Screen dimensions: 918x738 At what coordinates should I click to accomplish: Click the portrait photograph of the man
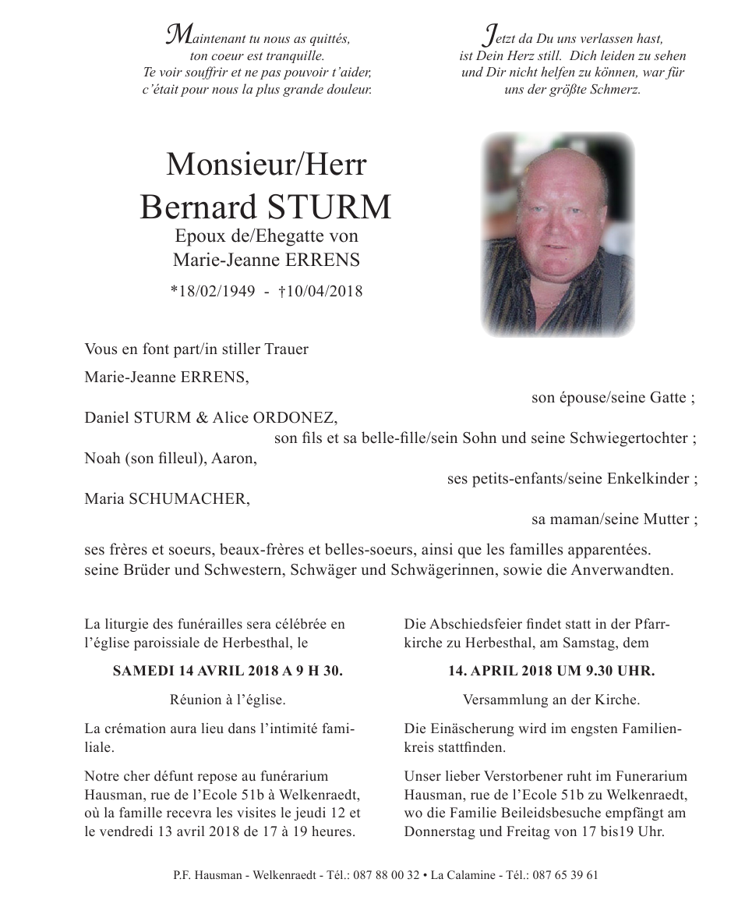556,235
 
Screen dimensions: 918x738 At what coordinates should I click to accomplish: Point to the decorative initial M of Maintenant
180,34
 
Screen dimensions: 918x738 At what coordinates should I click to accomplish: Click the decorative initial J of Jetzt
490,34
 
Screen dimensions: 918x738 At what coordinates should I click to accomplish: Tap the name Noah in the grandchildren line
101,459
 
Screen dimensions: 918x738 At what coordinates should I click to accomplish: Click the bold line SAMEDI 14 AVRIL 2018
228,671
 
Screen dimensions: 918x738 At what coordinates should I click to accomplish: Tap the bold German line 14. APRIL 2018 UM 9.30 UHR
551,671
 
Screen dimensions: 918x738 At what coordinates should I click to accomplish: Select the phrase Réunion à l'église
228,700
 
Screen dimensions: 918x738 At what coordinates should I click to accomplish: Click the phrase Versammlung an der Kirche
551,700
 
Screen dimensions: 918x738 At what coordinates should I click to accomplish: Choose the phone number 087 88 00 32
386,875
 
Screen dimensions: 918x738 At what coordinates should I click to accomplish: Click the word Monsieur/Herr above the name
266,165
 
